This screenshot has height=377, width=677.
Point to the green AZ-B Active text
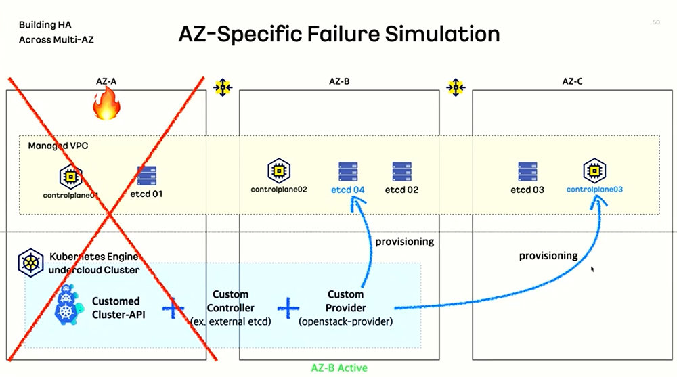coord(339,368)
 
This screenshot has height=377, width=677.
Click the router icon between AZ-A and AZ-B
coord(223,87)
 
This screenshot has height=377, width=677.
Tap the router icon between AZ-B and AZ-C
coord(456,87)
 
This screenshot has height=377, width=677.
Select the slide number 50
coord(656,22)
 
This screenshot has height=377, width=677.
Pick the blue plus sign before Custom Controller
coord(173,308)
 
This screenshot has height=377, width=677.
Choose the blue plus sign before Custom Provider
coord(288,308)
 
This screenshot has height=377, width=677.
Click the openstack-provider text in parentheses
coord(345,321)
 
